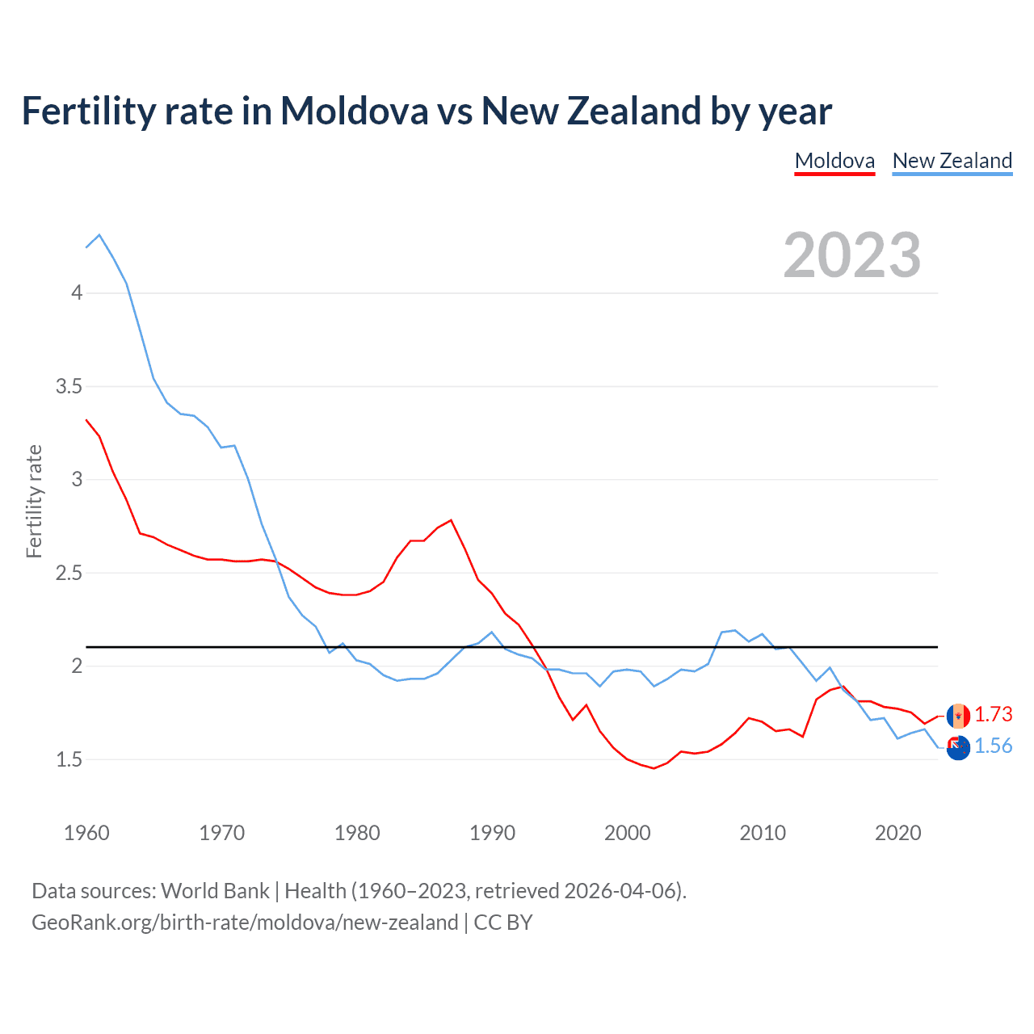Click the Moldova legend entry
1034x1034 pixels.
pyautogui.click(x=834, y=161)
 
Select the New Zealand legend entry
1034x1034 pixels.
pyautogui.click(x=952, y=161)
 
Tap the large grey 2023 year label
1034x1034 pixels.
pyautogui.click(x=851, y=255)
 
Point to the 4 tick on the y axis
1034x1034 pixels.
pyautogui.click(x=77, y=292)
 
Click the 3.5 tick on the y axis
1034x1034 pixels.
pyautogui.click(x=69, y=386)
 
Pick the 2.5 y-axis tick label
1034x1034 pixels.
pyautogui.click(x=69, y=573)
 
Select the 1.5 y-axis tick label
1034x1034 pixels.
pyautogui.click(x=69, y=759)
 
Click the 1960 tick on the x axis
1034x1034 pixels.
pyautogui.click(x=86, y=833)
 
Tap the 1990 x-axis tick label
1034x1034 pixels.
pyautogui.click(x=492, y=833)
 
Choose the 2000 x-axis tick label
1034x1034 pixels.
pyautogui.click(x=627, y=833)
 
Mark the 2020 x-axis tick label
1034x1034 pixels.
pyautogui.click(x=897, y=833)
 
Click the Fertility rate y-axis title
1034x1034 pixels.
pyautogui.click(x=34, y=501)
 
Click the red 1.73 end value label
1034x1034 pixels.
pyautogui.click(x=993, y=715)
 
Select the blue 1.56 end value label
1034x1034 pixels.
pyautogui.click(x=993, y=746)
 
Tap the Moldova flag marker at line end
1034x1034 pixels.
pyautogui.click(x=958, y=716)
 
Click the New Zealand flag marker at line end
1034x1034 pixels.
pyautogui.click(x=958, y=748)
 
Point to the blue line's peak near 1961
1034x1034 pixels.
pyautogui.click(x=99, y=235)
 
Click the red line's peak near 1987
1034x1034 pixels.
pyautogui.click(x=451, y=520)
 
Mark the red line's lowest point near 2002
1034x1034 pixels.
pyautogui.click(x=654, y=768)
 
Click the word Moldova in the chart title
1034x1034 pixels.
pyautogui.click(x=354, y=111)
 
